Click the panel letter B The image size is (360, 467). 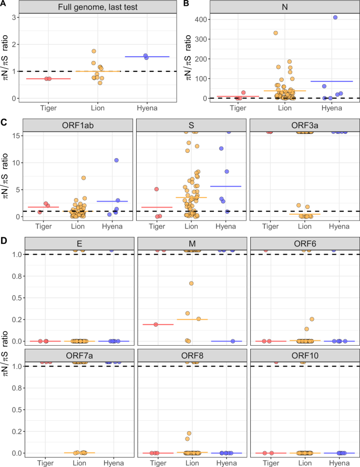pyautogui.click(x=185, y=4)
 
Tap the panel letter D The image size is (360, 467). pyautogui.click(x=4, y=241)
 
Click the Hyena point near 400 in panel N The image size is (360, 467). pyautogui.click(x=335, y=17)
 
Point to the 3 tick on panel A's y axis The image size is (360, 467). pyautogui.click(x=17, y=17)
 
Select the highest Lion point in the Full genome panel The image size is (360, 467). pyautogui.click(x=94, y=51)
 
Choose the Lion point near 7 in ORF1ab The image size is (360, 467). pyautogui.click(x=84, y=178)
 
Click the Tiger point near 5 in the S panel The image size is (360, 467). pyautogui.click(x=156, y=189)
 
